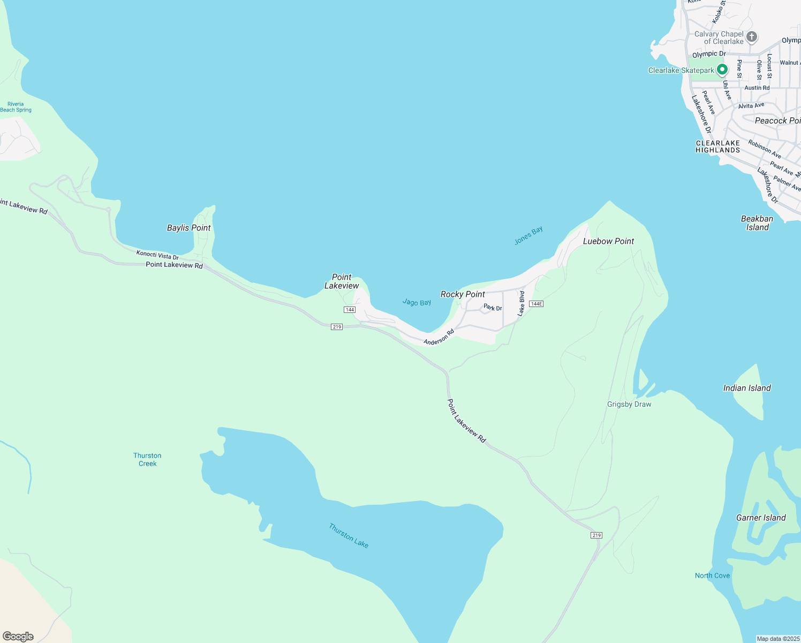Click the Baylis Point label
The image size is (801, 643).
pos(188,228)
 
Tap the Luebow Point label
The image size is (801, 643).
pos(608,241)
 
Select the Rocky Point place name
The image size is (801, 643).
pos(463,294)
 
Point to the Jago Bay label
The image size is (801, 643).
pos(417,303)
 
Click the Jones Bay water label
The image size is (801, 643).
pos(528,235)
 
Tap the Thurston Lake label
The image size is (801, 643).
pos(349,535)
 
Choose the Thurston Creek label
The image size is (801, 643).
pos(147,460)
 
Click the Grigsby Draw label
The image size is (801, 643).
pos(629,404)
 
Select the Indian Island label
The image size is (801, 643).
pos(747,388)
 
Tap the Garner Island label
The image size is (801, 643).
pos(761,518)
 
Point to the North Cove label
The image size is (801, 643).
pos(712,575)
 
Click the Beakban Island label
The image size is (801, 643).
pos(757,223)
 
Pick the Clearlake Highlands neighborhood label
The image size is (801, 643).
pos(717,146)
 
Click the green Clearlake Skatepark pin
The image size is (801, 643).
pos(722,70)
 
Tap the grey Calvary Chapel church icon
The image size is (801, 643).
pos(752,37)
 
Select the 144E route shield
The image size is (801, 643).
pos(536,304)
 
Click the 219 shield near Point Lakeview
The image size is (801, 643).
pos(336,327)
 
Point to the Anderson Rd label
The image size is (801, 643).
pos(439,337)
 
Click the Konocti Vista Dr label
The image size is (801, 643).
pos(157,255)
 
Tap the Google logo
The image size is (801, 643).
pos(18,636)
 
